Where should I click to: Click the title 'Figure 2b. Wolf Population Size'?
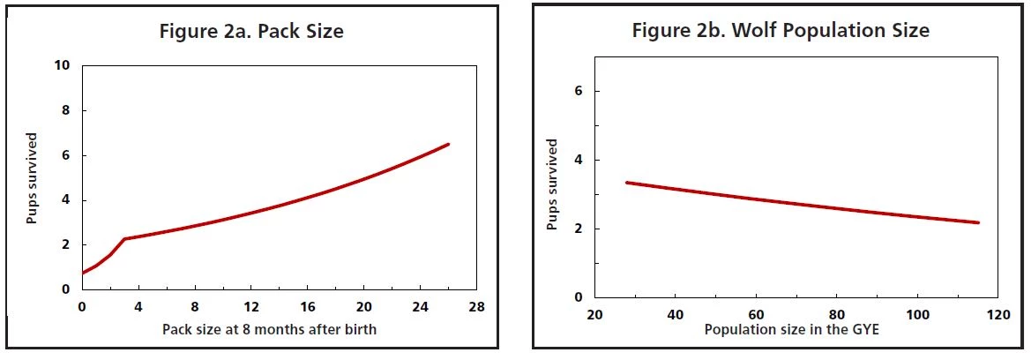(x=780, y=31)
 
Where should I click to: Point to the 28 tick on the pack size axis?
(x=476, y=307)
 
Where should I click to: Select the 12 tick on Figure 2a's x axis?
(x=251, y=307)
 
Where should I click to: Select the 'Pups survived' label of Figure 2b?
(x=552, y=184)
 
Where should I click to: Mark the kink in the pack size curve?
(x=124, y=238)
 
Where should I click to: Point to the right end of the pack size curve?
(x=449, y=144)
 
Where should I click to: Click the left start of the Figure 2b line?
(x=626, y=183)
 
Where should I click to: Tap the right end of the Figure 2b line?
(x=979, y=222)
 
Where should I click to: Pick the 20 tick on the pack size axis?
(x=363, y=307)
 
